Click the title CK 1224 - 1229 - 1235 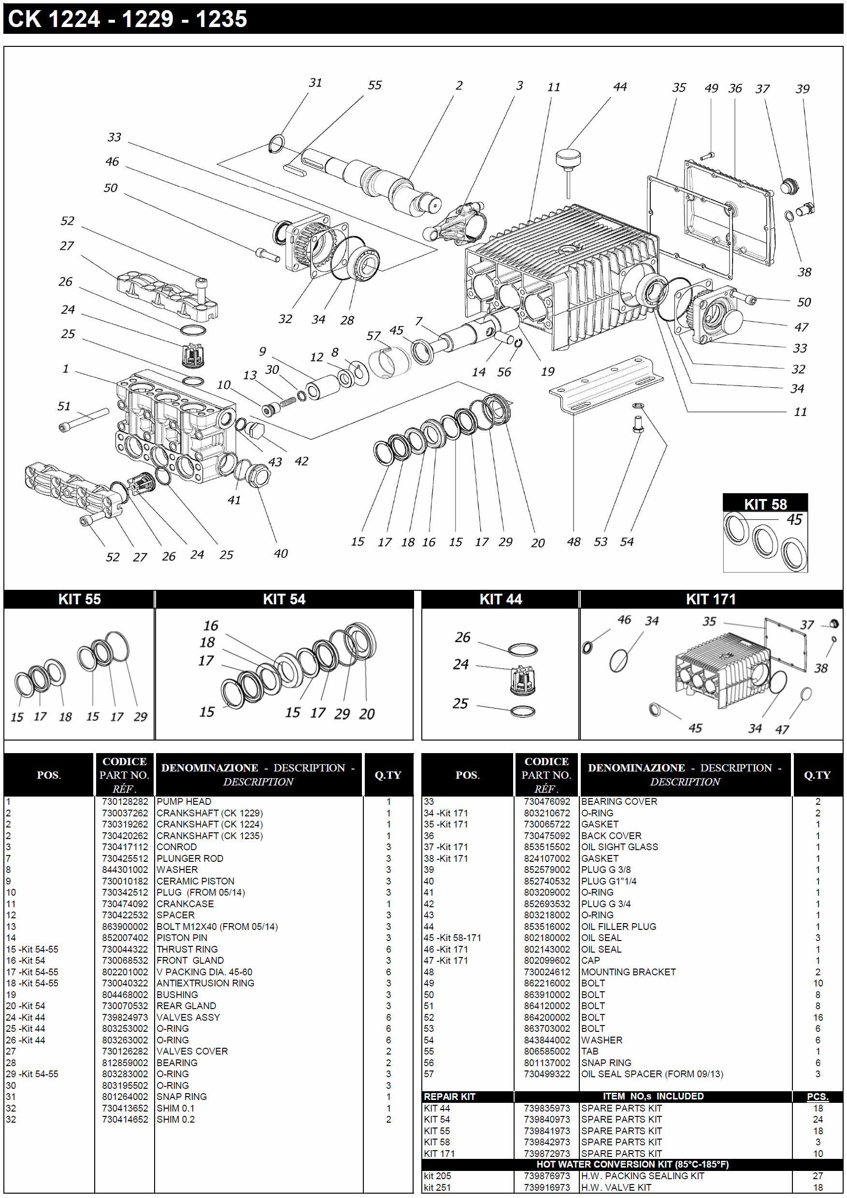point(128,19)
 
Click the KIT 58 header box point(764,503)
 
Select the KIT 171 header point(710,599)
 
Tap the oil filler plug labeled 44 point(568,157)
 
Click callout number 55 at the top point(375,85)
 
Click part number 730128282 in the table point(125,801)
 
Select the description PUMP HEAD point(184,801)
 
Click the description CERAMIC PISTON point(195,881)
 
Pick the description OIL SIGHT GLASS point(619,847)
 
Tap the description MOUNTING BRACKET point(628,971)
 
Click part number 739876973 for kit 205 point(547,1176)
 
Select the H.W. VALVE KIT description point(616,1187)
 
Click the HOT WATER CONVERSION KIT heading point(632,1164)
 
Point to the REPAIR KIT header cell point(449,1096)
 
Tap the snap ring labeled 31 point(276,144)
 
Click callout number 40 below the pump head point(281,553)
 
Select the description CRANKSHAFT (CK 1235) point(209,835)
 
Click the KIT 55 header point(79,599)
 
